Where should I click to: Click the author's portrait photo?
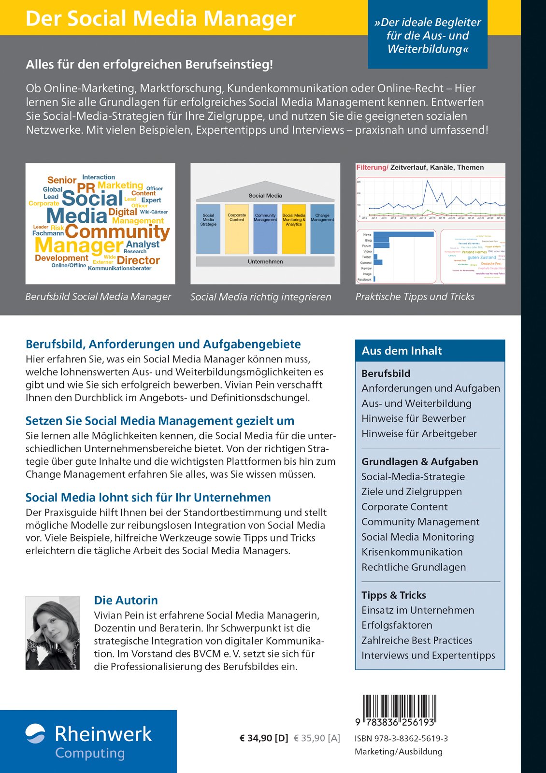pyautogui.click(x=52, y=633)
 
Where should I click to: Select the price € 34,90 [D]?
pyautogui.click(x=264, y=738)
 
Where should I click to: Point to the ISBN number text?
pyautogui.click(x=401, y=738)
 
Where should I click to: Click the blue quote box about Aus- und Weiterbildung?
pyautogui.click(x=428, y=35)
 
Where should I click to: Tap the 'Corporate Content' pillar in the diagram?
pyautogui.click(x=237, y=229)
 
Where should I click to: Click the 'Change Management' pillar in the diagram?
pyautogui.click(x=322, y=229)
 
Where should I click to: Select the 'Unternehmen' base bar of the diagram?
pyautogui.click(x=265, y=261)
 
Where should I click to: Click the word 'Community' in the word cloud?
pyautogui.click(x=117, y=232)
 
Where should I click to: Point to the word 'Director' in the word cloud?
pyautogui.click(x=138, y=260)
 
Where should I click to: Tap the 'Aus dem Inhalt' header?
pyautogui.click(x=402, y=351)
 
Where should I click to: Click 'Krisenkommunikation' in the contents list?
pyautogui.click(x=412, y=552)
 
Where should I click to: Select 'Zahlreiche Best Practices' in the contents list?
pyautogui.click(x=417, y=640)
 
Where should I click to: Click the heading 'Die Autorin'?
pyautogui.click(x=126, y=600)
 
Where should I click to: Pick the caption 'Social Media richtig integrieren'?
pyautogui.click(x=261, y=297)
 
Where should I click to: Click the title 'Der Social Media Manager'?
pyautogui.click(x=160, y=18)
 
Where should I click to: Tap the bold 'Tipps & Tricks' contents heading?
pyautogui.click(x=394, y=595)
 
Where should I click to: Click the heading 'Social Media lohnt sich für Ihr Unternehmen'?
pyautogui.click(x=148, y=498)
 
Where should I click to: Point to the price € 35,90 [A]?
pyautogui.click(x=317, y=738)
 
